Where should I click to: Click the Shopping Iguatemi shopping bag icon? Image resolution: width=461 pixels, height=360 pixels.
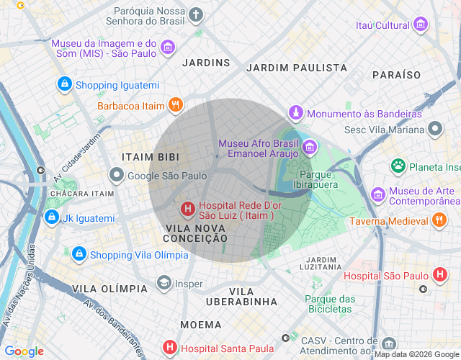pos(66,85)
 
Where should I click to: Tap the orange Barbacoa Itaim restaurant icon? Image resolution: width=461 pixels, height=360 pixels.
pos(175,106)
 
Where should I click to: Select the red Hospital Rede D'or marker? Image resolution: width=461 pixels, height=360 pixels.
pos(187,210)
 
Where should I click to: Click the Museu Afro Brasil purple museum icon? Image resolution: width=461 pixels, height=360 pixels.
pos(310,147)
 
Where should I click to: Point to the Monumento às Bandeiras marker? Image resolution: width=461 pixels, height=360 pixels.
pos(295,114)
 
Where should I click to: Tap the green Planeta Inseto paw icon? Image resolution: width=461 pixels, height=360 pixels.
pos(398,166)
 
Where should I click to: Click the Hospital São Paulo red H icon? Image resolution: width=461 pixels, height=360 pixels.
pos(439,275)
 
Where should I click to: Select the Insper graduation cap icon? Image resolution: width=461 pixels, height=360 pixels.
pos(164,284)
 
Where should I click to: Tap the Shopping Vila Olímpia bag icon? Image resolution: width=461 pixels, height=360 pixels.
pos(79,254)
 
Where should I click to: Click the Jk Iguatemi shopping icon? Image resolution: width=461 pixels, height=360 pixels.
pos(51,217)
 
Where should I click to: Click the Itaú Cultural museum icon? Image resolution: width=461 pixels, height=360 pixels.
pos(421,26)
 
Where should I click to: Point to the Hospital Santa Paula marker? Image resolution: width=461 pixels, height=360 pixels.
pos(169,348)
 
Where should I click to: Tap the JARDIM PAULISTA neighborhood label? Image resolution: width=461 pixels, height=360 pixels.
pos(297,68)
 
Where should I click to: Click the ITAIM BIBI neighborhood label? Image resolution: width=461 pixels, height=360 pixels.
pos(148,157)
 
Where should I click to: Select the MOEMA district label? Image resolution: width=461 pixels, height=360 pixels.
pos(201,325)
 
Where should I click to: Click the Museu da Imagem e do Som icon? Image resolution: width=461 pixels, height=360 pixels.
pos(168,48)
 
